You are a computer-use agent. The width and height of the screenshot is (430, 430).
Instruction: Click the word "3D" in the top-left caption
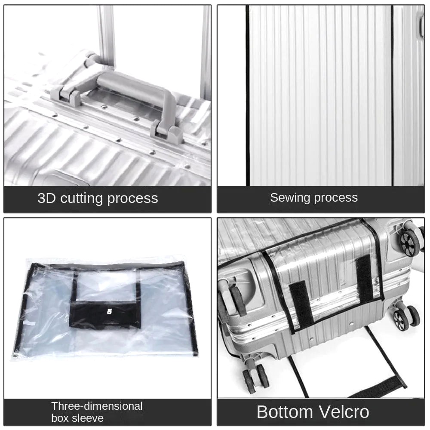click(47, 198)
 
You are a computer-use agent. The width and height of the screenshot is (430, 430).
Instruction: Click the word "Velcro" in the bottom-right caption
click(344, 412)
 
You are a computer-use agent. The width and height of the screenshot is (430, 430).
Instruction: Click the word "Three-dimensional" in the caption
click(97, 406)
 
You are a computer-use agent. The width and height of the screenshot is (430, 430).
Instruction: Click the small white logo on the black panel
click(110, 311)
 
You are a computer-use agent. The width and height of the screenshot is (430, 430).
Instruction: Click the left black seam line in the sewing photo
click(248, 95)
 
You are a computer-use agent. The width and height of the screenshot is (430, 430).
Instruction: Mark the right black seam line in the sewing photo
click(393, 95)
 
